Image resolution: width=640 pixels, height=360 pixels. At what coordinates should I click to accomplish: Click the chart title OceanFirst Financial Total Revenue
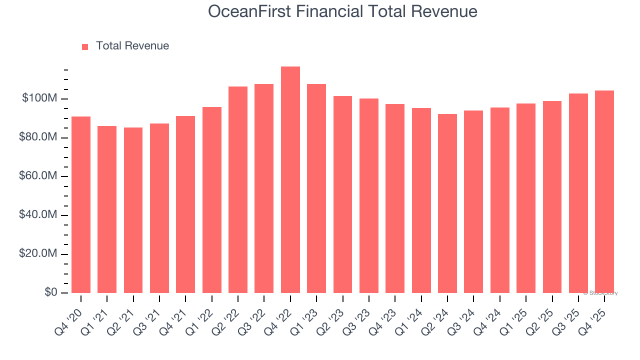coord(342,11)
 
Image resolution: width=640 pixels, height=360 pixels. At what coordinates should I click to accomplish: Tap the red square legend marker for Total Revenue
coord(85,46)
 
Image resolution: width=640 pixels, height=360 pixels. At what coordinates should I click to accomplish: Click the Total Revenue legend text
coord(132,46)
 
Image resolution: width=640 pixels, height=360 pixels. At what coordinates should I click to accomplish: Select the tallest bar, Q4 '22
coord(290,180)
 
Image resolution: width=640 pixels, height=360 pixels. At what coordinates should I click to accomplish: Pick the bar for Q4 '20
coord(81,205)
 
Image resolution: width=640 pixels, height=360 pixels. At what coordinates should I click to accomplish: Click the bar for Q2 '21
coord(133,210)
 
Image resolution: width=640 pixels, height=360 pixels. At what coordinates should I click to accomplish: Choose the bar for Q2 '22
coord(238,190)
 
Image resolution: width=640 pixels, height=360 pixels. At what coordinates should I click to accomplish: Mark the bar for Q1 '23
coord(316,188)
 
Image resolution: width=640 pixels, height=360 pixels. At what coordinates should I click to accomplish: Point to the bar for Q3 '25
coord(578,193)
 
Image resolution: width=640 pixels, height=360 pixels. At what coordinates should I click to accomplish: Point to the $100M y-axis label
coord(39,98)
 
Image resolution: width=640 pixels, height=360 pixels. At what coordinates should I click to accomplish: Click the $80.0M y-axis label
coord(38,137)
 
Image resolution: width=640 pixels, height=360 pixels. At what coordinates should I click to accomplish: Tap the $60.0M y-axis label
coord(38,176)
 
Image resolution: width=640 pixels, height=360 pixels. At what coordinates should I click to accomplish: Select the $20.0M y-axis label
coord(38,254)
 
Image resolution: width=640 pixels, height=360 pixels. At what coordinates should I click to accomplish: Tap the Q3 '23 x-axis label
coord(360,313)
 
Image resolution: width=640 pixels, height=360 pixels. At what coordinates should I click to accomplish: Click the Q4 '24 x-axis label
coord(491,313)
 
